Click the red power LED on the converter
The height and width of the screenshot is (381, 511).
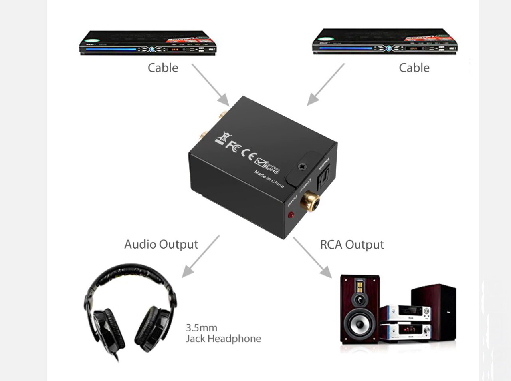(291, 215)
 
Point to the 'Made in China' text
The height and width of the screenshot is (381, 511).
(269, 178)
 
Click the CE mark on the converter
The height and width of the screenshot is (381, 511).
(248, 154)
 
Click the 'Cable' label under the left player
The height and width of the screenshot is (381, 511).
(163, 68)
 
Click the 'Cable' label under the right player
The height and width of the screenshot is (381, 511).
(414, 68)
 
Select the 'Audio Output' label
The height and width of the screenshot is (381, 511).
(161, 244)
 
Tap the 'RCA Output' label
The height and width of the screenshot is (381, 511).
(352, 245)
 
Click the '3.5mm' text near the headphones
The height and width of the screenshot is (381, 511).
(202, 328)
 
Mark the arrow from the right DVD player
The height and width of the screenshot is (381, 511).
(325, 84)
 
